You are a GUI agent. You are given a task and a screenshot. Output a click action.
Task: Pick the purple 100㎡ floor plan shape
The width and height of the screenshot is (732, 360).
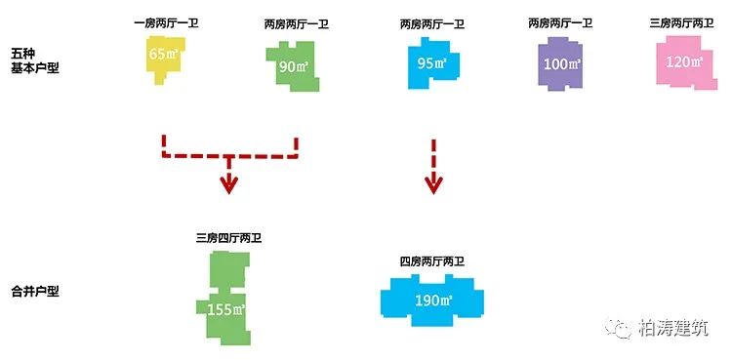click(x=560, y=65)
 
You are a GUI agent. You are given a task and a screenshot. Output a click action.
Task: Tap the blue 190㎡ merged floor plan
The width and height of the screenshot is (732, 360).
click(x=429, y=299)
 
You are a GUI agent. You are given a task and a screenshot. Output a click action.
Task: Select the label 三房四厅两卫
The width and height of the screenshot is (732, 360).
click(x=228, y=237)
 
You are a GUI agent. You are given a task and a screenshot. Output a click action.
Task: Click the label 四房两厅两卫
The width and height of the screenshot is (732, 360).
click(x=430, y=262)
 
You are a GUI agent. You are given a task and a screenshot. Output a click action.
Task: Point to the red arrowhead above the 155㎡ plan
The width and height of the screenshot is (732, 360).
click(x=228, y=184)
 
